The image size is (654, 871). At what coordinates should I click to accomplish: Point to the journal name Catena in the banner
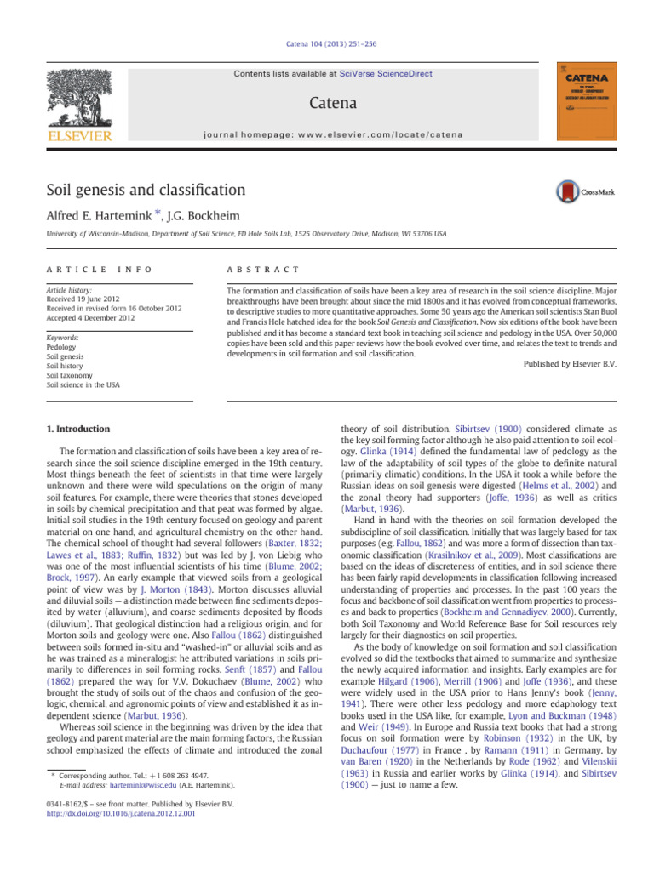click(x=326, y=104)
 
